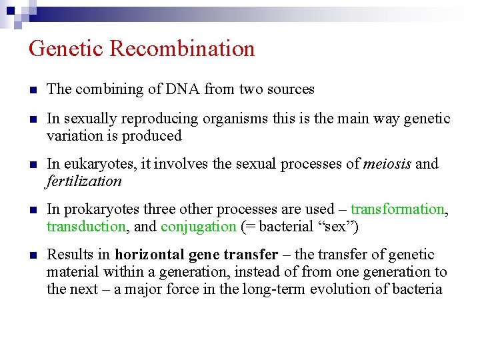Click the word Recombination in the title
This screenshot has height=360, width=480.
pyautogui.click(x=182, y=49)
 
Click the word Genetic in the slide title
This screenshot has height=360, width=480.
pyautogui.click(x=66, y=49)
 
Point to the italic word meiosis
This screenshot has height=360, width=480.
pyautogui.click(x=387, y=164)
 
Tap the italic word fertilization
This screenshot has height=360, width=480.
pyautogui.click(x=84, y=181)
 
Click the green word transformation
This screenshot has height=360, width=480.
pyautogui.click(x=397, y=209)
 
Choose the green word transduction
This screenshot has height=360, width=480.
pyautogui.click(x=86, y=227)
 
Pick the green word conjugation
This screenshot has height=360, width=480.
pyautogui.click(x=199, y=227)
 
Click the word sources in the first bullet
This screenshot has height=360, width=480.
pyautogui.click(x=290, y=89)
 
